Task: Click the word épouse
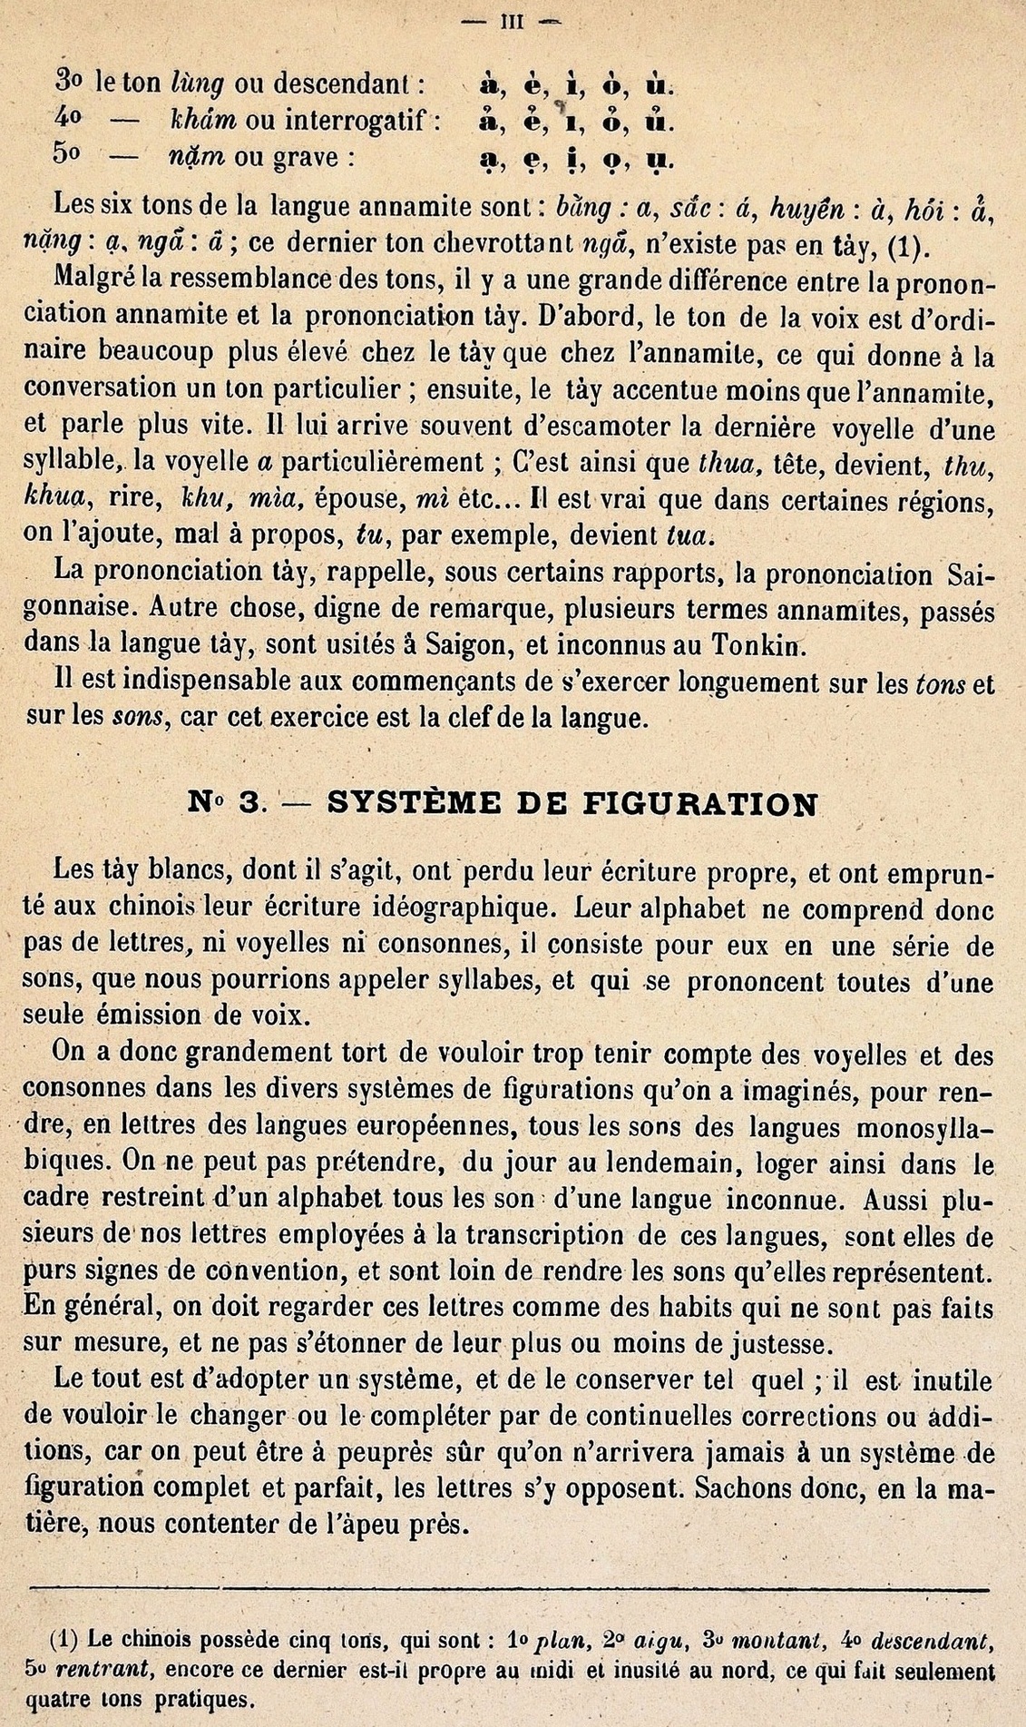360,499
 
